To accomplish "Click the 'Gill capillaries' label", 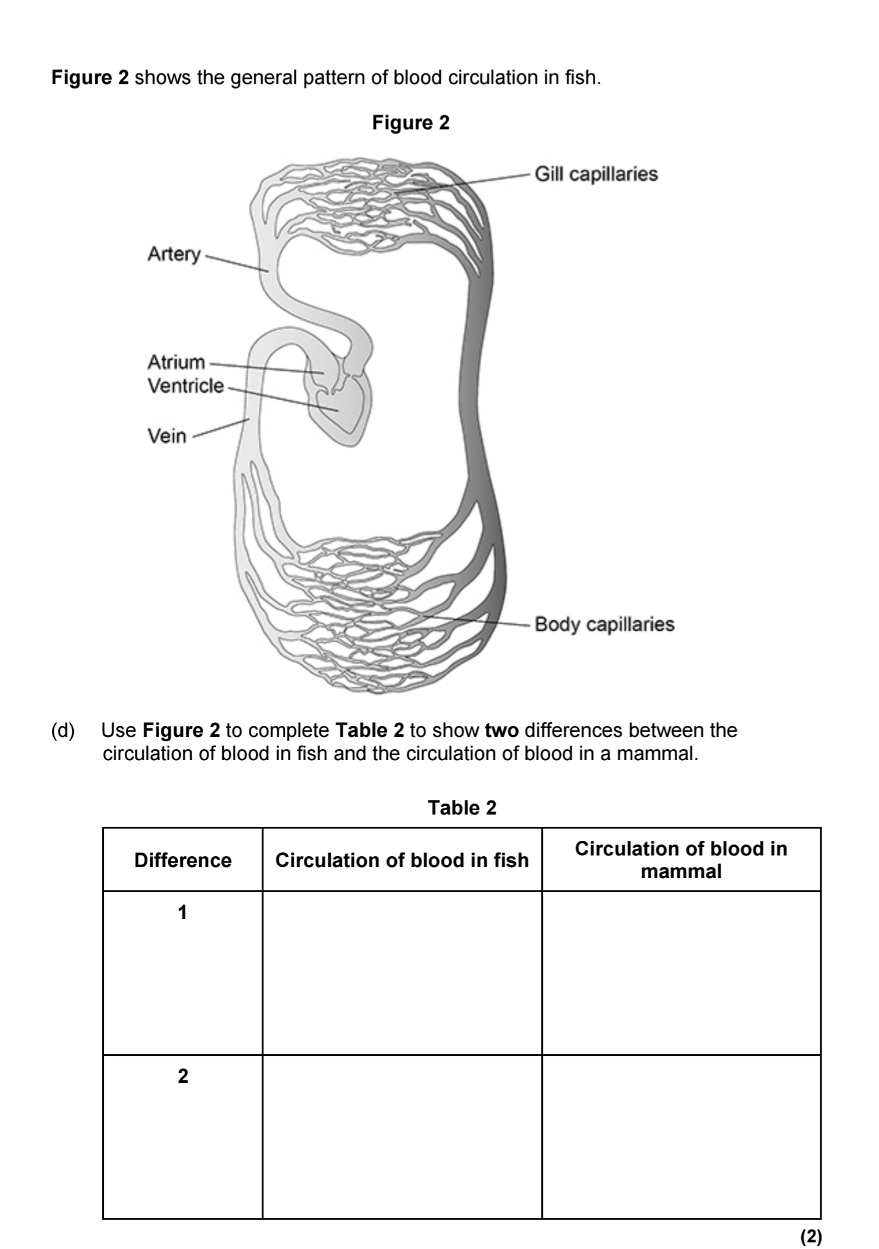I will click(596, 174).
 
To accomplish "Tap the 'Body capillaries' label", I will click(604, 624).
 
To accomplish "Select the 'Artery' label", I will click(174, 254).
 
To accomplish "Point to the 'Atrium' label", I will click(176, 362).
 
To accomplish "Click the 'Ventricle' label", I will click(186, 386).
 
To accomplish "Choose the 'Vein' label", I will click(167, 436).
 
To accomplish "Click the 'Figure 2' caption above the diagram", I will click(411, 123).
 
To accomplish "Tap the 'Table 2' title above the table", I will click(462, 808).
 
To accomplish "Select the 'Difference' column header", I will click(183, 860).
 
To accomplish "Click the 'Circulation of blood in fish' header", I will click(402, 860).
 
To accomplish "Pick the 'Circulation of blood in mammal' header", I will click(681, 860).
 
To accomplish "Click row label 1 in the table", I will click(182, 912).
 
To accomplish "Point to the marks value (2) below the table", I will click(811, 1236).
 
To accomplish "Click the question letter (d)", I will click(62, 730).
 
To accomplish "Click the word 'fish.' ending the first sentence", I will click(583, 78).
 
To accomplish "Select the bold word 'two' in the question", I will click(501, 730).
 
